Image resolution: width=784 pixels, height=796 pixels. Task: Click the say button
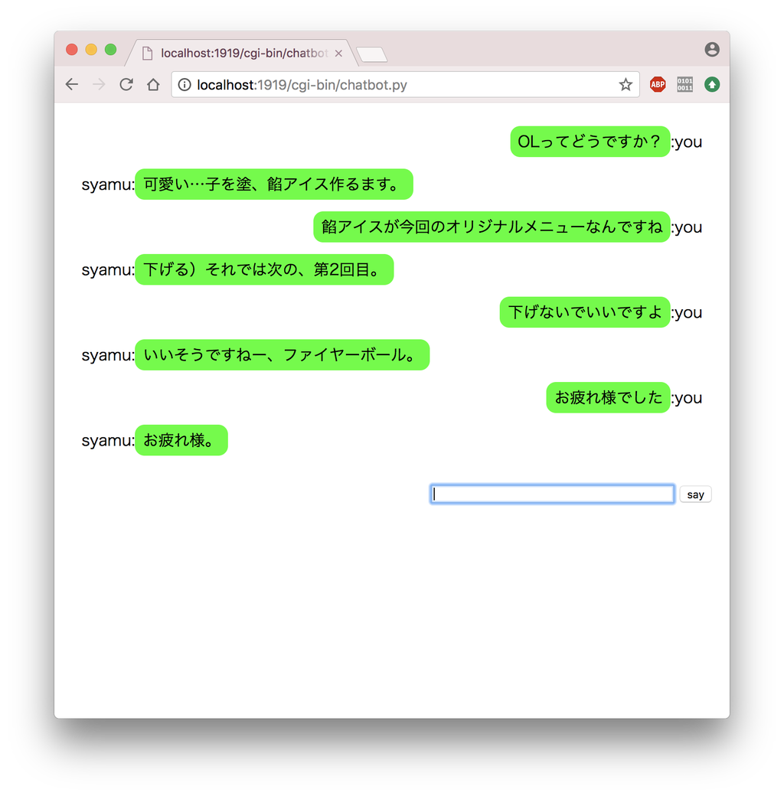click(x=695, y=494)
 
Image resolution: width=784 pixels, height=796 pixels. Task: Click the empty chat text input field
click(x=552, y=494)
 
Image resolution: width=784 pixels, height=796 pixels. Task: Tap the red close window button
click(x=72, y=50)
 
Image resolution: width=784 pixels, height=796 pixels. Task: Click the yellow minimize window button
click(x=91, y=50)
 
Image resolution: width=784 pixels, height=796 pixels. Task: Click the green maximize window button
click(x=110, y=50)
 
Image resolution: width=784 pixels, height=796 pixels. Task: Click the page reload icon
click(x=126, y=84)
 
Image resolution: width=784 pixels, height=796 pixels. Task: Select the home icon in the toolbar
click(x=153, y=84)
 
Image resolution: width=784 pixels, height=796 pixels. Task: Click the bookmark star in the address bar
click(x=626, y=84)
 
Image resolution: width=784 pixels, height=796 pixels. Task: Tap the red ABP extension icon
click(x=658, y=84)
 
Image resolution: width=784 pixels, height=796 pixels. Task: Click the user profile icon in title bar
click(x=712, y=50)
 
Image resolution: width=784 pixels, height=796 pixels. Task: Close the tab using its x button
click(x=338, y=54)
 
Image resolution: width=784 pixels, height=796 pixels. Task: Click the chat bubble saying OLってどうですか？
click(x=590, y=142)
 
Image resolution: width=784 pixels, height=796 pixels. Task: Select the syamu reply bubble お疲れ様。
click(x=181, y=440)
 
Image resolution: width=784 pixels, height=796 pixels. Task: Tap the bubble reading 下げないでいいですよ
click(x=585, y=312)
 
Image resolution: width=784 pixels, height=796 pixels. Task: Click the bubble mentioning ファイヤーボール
click(x=282, y=355)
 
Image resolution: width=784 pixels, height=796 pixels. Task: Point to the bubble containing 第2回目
click(x=264, y=269)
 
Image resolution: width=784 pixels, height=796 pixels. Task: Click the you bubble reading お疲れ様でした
click(x=608, y=397)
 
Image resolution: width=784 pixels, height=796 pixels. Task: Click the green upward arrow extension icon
click(x=712, y=84)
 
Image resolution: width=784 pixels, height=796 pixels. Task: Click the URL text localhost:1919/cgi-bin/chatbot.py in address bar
click(x=302, y=85)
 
